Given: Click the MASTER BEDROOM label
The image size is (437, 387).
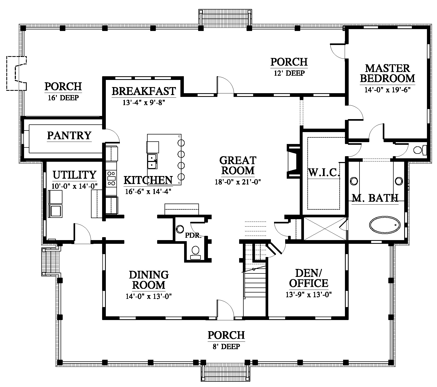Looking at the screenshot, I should tap(388, 73).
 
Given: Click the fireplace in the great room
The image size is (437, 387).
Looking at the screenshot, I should tap(294, 161).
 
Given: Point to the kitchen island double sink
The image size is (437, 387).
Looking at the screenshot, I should tap(152, 161).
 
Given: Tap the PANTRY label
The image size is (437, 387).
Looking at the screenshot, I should tap(69, 136).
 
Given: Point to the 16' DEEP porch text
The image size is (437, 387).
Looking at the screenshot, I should tap(63, 98).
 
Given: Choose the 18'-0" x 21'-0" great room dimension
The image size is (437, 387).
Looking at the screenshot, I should tap(238, 182).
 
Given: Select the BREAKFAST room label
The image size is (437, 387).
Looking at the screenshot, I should tap(144, 91).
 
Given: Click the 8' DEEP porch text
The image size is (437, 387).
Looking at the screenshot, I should tap(226, 346).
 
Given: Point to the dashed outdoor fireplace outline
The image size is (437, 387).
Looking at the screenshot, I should tap(16, 73).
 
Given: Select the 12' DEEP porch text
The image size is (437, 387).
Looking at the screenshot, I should tap(289, 73).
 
